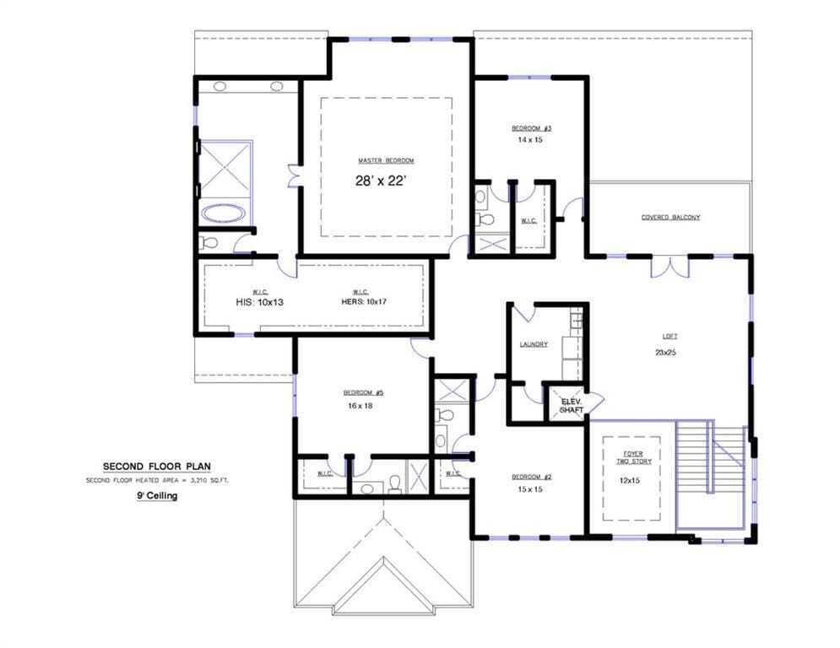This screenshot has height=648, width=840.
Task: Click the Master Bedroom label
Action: (x=386, y=160)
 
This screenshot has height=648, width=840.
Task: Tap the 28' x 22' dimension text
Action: (x=386, y=181)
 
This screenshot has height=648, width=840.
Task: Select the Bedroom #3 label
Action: (x=531, y=128)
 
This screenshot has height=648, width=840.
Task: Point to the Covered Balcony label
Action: (x=670, y=218)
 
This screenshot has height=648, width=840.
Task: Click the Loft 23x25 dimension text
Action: (x=665, y=353)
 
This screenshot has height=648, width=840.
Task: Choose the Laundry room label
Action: (x=534, y=344)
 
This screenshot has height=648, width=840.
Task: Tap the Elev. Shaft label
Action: (x=572, y=406)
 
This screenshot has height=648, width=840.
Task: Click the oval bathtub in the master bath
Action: (x=224, y=213)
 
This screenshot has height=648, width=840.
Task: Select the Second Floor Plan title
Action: (x=156, y=466)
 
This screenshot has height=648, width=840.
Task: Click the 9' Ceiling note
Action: (x=157, y=497)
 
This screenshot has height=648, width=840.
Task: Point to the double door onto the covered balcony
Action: (x=670, y=266)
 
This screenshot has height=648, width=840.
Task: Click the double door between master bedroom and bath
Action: (x=293, y=175)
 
